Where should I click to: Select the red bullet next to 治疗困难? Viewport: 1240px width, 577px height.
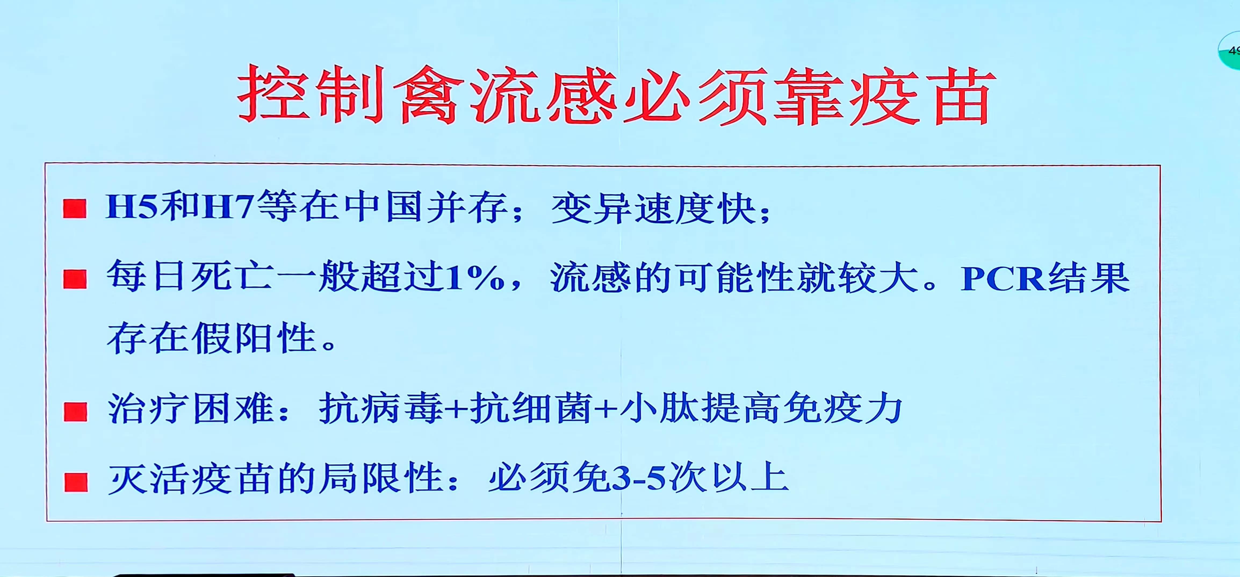point(75,412)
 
